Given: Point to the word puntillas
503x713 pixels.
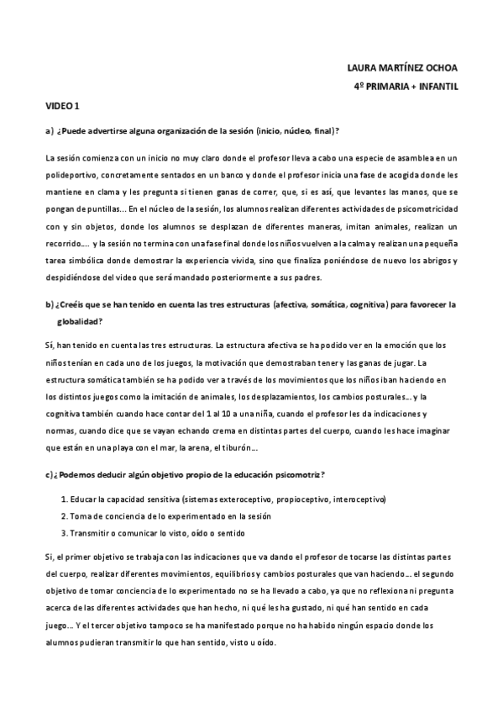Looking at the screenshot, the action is (x=97, y=208).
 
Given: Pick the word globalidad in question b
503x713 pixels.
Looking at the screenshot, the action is (x=80, y=320).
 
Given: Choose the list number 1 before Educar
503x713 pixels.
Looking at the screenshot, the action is (x=64, y=499).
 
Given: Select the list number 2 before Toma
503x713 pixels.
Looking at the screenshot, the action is (x=64, y=515).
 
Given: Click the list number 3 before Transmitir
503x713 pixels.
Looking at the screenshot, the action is (x=64, y=532).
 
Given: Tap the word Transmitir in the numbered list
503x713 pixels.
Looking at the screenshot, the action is (x=93, y=532).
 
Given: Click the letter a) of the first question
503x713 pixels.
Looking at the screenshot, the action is (x=50, y=130).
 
